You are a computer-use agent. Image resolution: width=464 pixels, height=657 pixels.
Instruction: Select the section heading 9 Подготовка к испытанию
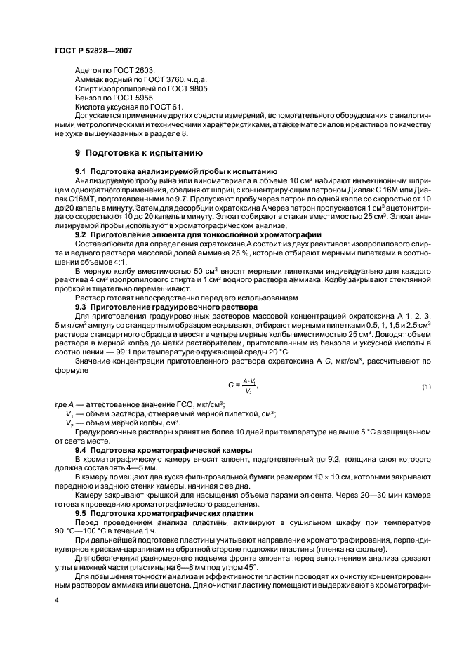click(x=139, y=152)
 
